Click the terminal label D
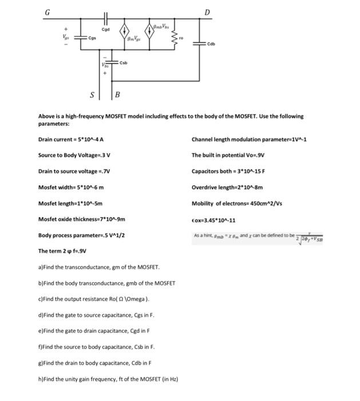pos(207,13)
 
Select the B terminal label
pos(118,94)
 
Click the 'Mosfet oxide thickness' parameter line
pos(81,219)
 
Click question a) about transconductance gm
pos(99,267)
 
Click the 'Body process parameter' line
pos(81,235)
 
